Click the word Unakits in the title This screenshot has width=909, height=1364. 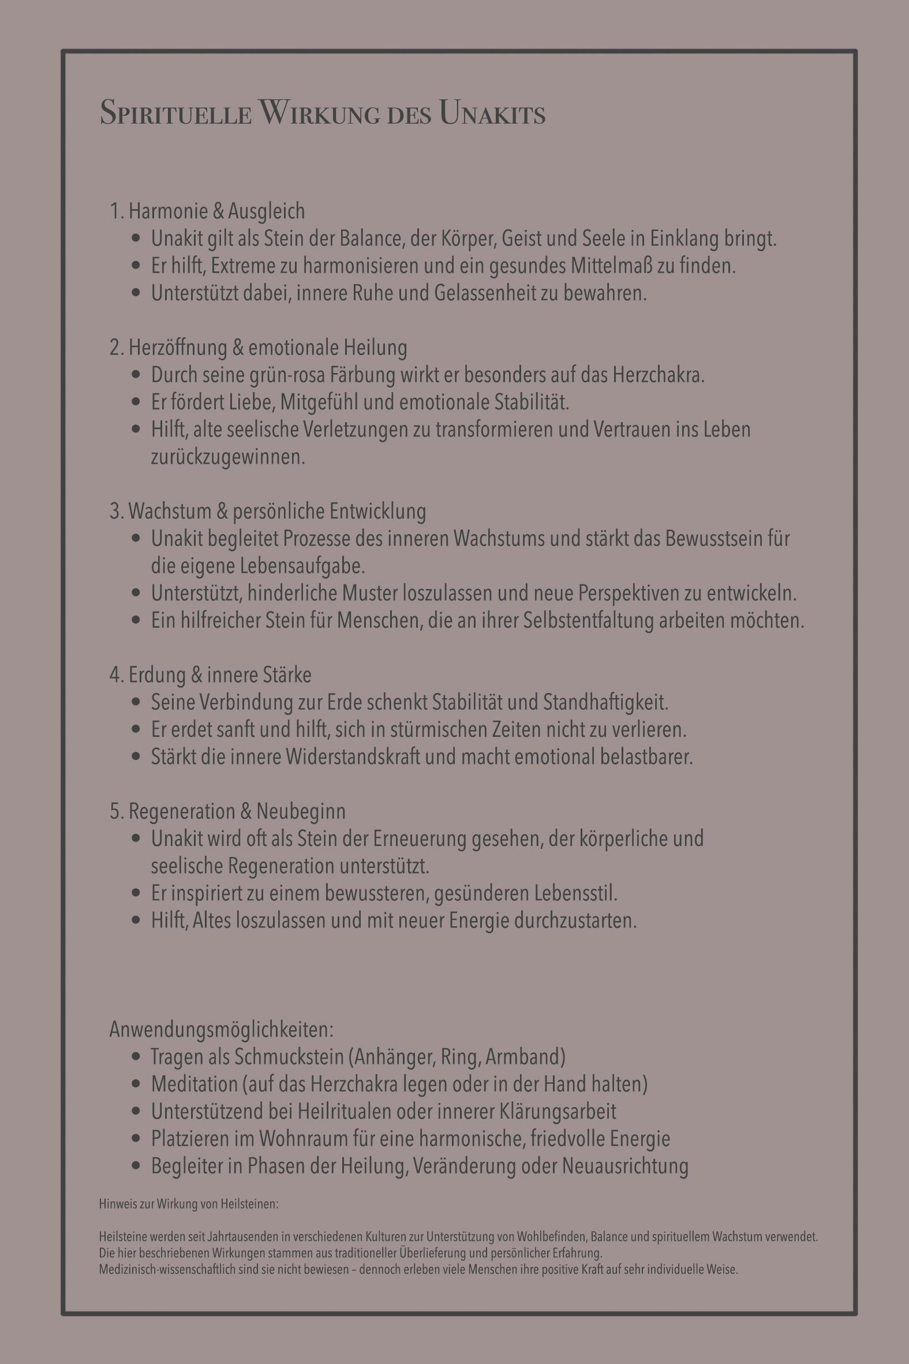pyautogui.click(x=492, y=113)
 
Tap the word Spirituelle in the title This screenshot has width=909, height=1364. pyautogui.click(x=175, y=113)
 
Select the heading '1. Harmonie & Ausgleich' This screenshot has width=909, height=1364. pyautogui.click(x=207, y=211)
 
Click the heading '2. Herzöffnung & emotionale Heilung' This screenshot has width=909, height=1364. pyautogui.click(x=258, y=348)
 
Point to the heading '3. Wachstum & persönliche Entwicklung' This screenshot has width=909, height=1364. pyautogui.click(x=267, y=512)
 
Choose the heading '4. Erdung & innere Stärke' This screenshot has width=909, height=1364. pyautogui.click(x=211, y=675)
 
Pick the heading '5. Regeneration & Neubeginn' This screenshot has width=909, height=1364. pyautogui.click(x=227, y=811)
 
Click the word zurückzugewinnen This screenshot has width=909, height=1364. pyautogui.click(x=227, y=457)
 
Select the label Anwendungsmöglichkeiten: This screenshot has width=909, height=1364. pyautogui.click(x=222, y=1030)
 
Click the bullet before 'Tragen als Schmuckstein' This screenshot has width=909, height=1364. pyautogui.click(x=136, y=1057)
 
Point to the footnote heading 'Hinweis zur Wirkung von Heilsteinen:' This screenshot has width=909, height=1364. pyautogui.click(x=188, y=1204)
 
